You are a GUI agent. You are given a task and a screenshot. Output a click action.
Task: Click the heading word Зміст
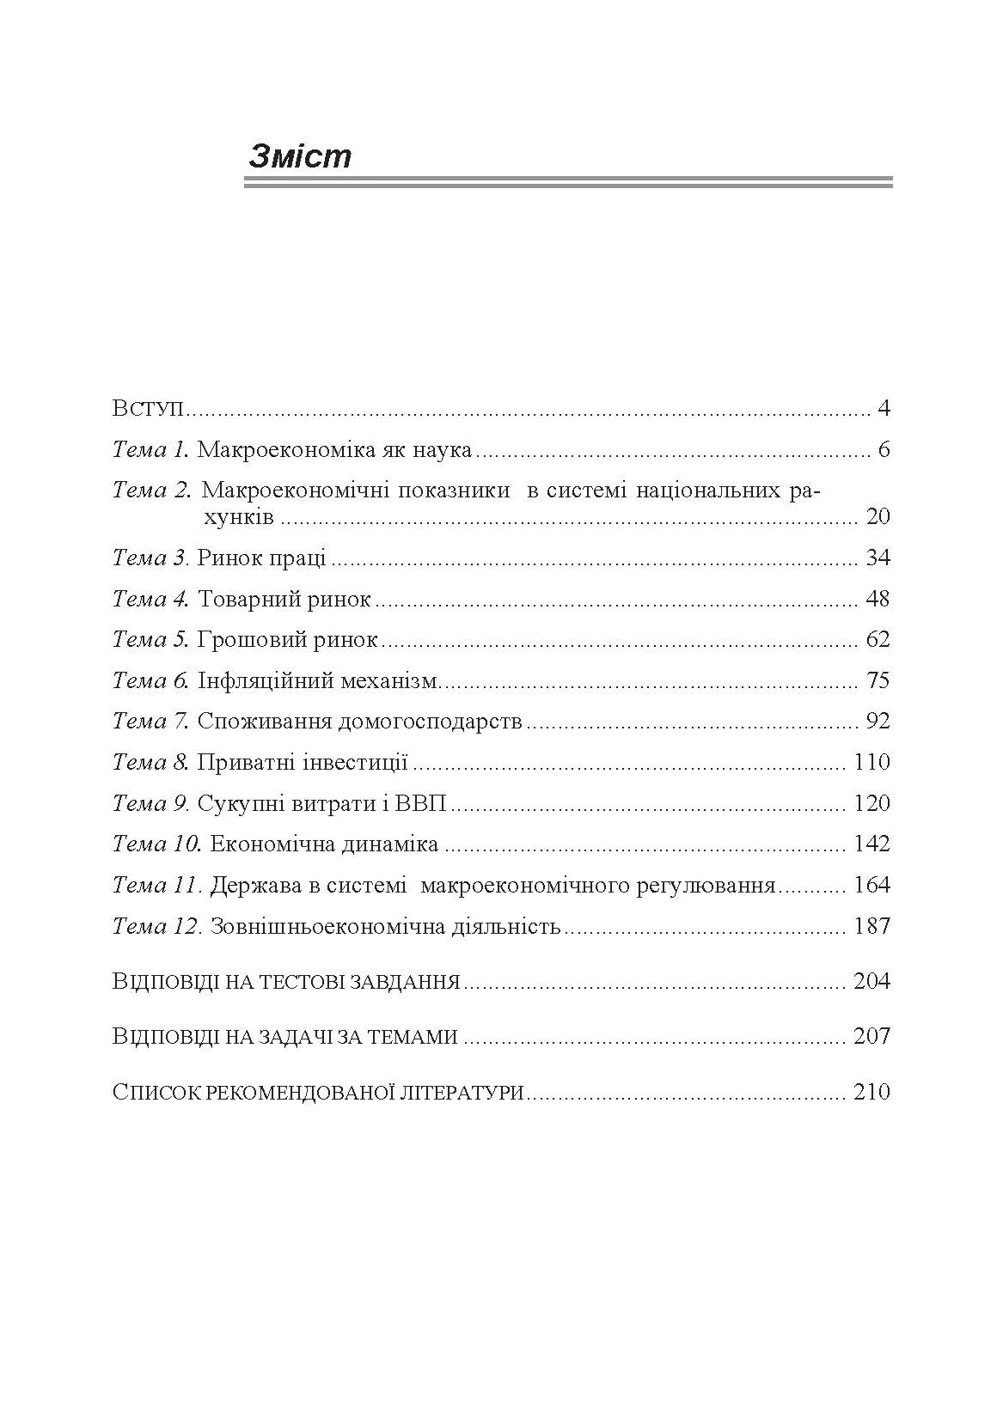[300, 156]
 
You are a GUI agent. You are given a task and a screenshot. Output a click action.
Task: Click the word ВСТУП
[149, 408]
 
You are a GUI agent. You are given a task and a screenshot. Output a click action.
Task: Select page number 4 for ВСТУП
[884, 408]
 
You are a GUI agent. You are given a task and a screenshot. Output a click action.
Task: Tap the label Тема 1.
[150, 449]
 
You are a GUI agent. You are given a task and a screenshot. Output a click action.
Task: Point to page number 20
[878, 516]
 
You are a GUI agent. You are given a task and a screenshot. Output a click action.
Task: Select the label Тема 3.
[150, 558]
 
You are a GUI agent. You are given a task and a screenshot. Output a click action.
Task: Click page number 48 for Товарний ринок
[878, 599]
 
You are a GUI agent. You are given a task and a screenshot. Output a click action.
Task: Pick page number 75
[878, 681]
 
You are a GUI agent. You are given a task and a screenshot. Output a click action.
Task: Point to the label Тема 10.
[156, 844]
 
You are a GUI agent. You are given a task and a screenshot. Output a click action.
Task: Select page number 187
[872, 927]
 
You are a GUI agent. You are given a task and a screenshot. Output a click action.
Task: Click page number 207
[872, 1037]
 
